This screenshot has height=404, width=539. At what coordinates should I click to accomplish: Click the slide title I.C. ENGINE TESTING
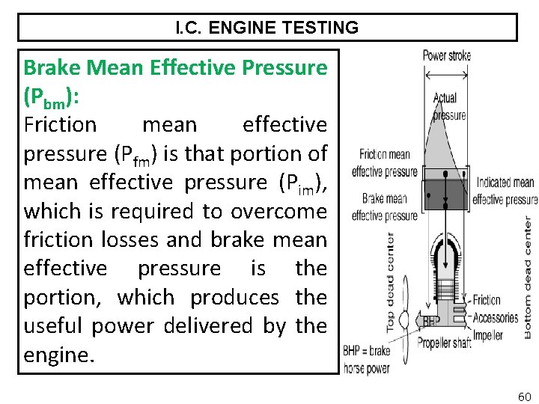(267, 28)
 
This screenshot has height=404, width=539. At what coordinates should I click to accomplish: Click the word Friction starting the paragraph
(60, 124)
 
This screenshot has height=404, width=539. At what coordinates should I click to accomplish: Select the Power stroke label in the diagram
(446, 55)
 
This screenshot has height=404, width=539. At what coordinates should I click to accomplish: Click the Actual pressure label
(449, 107)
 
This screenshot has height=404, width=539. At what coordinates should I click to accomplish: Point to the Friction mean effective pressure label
(385, 163)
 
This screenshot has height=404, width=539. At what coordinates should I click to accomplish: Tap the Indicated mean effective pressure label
(505, 191)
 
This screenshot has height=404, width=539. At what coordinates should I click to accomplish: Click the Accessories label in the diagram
(496, 317)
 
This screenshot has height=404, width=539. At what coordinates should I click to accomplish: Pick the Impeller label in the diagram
(488, 335)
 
